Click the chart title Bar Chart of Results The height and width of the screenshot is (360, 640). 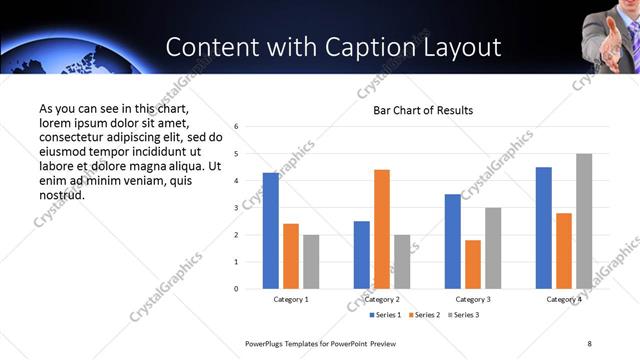[423, 110]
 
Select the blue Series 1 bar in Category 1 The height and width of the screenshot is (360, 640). [270, 231]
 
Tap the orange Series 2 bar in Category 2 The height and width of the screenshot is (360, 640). [381, 229]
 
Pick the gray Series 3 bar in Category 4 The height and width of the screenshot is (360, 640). [584, 221]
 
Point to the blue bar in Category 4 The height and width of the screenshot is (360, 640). [543, 228]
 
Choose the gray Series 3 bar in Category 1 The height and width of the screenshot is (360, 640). [311, 262]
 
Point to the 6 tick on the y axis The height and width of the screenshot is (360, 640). [236, 127]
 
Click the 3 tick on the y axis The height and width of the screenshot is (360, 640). [236, 208]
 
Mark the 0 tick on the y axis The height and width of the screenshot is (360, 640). [236, 289]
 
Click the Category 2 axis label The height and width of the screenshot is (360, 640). [381, 300]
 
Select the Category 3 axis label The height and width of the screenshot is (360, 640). [472, 300]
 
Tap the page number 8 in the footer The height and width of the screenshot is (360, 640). [589, 343]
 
